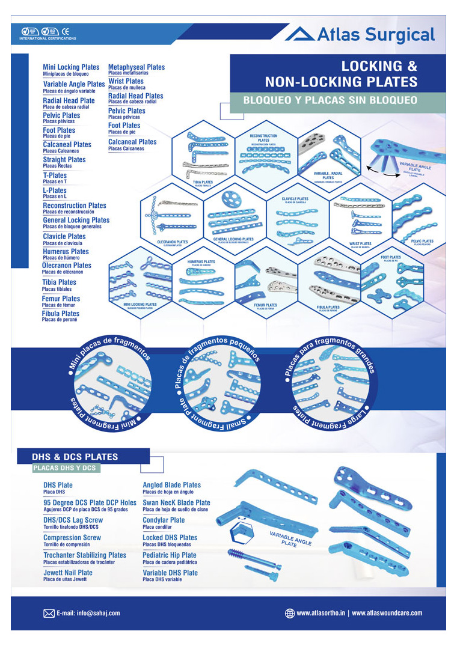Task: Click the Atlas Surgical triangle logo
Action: [x=299, y=34]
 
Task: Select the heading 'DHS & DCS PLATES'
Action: [x=75, y=457]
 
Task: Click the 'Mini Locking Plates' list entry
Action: [x=71, y=67]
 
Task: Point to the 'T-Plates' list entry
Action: [x=55, y=175]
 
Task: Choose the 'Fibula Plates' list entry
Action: [x=60, y=314]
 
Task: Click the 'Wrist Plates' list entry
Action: [x=126, y=81]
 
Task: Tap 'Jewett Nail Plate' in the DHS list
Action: [x=68, y=573]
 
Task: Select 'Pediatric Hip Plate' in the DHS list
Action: [x=169, y=555]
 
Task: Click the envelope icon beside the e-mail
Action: [x=49, y=613]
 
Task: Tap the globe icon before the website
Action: [x=290, y=613]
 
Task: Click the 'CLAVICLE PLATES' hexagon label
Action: [x=295, y=199]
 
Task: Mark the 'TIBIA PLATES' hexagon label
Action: [x=203, y=181]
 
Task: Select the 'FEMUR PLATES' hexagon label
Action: [x=265, y=305]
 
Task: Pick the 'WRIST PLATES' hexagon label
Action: [x=360, y=244]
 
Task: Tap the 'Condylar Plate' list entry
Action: [x=164, y=520]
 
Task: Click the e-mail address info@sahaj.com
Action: [x=88, y=613]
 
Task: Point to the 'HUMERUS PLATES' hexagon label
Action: [x=201, y=262]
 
